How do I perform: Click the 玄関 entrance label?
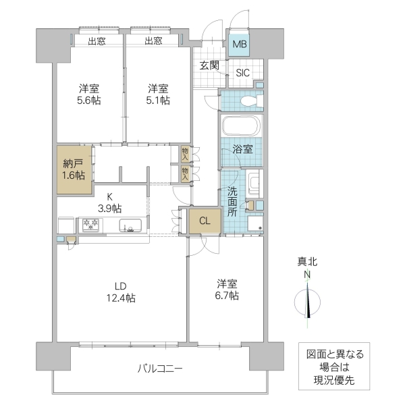coord(209,65)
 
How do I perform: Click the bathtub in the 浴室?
coord(240,126)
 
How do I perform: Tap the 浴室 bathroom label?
coord(244,149)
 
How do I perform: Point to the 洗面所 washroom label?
coord(232,200)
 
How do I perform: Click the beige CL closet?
coord(205,220)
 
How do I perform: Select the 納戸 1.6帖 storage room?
coord(74,169)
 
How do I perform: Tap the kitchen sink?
coord(130,226)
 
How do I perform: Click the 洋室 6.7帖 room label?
coord(227,290)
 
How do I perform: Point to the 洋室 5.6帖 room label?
coord(88,94)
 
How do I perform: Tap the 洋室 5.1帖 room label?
coord(159,94)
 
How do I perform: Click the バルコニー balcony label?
coord(160,369)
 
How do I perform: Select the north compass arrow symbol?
coord(308,301)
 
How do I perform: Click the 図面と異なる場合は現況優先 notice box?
coord(335,367)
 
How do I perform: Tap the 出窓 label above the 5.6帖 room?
coord(97,40)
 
